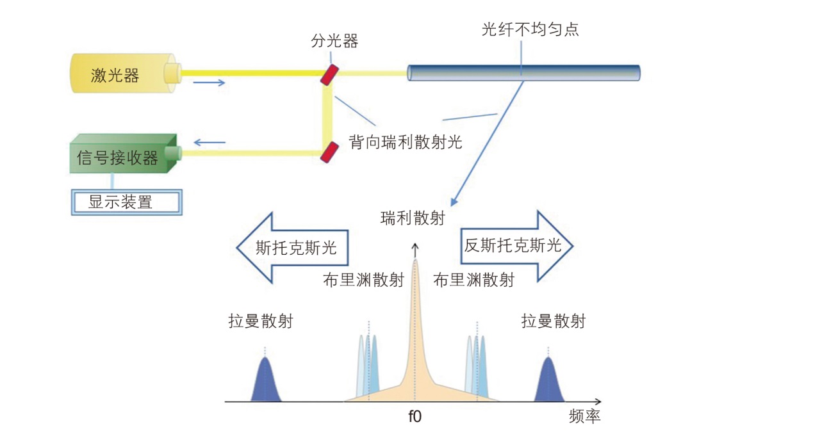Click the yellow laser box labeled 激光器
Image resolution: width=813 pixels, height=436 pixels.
pos(119,76)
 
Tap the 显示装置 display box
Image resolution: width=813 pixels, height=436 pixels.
pos(126,202)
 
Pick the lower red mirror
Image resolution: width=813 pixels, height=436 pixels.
pos(329,152)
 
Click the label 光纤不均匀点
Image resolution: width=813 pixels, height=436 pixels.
pos(530,29)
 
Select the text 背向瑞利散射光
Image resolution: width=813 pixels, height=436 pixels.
pos(405,141)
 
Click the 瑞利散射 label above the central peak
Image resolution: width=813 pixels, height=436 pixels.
pos(412,218)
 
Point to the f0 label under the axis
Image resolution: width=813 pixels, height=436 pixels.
pos(415,417)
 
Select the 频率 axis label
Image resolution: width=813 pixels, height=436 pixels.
pos(584,417)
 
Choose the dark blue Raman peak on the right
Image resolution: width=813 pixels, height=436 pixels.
pos(548,382)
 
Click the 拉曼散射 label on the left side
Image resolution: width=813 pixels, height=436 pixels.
pos(260,321)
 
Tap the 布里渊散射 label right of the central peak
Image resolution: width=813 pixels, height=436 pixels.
pos(473,280)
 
